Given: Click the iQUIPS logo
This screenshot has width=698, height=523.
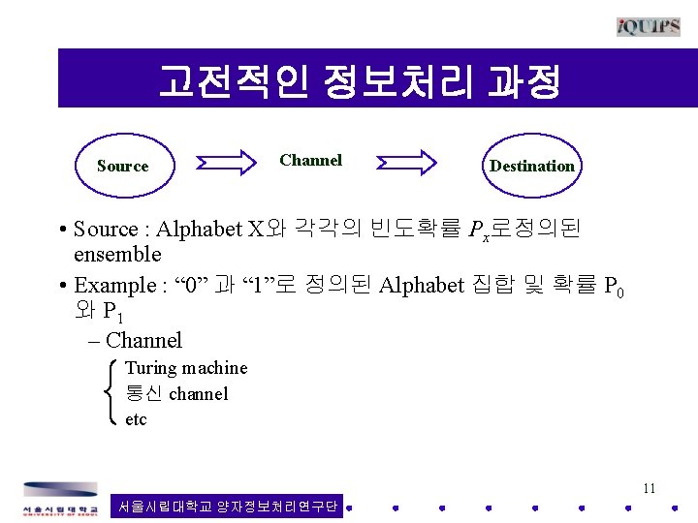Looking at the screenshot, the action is [648, 26].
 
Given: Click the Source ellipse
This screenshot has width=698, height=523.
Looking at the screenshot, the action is [123, 166].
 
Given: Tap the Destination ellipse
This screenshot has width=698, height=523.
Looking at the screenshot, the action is [531, 166].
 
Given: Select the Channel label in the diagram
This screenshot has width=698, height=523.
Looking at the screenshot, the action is [310, 161].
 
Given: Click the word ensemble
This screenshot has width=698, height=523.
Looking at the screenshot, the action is [117, 255].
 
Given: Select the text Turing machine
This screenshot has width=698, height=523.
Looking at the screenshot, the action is [186, 368].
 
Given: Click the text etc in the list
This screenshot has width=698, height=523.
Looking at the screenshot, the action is [136, 420].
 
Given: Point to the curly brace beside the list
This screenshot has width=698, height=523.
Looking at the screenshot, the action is [109, 393].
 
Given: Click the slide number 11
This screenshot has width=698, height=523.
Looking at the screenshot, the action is [649, 488].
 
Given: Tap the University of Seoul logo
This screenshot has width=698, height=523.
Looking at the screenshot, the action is [61, 498].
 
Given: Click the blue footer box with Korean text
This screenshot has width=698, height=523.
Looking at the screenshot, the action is [228, 506].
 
